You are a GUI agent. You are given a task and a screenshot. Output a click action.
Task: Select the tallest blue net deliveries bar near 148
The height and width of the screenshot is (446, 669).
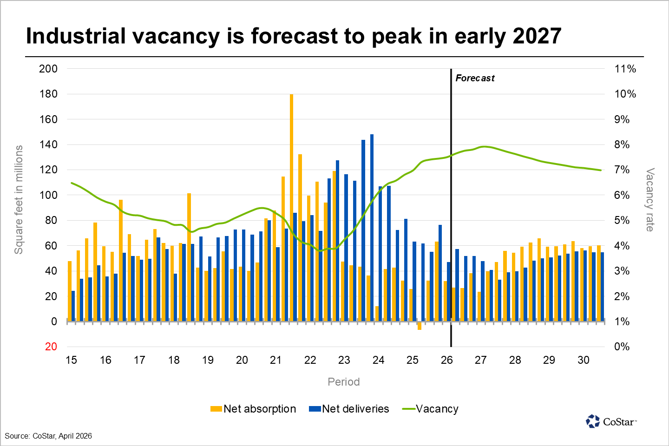[372, 228]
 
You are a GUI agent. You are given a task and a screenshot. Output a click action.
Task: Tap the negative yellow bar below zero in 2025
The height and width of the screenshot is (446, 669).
[419, 326]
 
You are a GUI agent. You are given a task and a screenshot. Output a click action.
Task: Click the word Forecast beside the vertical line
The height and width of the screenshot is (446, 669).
[475, 79]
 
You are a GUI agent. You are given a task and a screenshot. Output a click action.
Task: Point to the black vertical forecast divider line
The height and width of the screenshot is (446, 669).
[451, 209]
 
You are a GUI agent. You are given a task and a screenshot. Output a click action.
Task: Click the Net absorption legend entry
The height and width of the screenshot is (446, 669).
[253, 409]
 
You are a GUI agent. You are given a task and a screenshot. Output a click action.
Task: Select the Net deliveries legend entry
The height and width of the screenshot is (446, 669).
[349, 409]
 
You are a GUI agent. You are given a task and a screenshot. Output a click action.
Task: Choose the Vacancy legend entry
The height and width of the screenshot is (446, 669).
[431, 409]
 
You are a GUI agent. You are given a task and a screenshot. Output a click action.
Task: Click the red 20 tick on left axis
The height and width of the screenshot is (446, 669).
[51, 347]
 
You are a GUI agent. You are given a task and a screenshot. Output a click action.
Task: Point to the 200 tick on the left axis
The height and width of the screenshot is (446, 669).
[48, 69]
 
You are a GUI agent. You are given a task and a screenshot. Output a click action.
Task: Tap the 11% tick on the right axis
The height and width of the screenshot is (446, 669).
[625, 69]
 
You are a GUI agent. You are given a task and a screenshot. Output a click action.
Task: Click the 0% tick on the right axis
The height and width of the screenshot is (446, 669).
[622, 347]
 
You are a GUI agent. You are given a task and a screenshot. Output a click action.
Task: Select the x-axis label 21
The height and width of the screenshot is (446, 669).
[276, 360]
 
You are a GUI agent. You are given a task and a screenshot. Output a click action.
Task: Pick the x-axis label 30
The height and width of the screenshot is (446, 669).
[583, 360]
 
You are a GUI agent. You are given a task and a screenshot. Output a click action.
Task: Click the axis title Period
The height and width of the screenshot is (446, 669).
[343, 382]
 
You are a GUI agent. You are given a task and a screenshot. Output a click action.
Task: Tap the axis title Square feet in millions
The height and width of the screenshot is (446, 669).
[19, 200]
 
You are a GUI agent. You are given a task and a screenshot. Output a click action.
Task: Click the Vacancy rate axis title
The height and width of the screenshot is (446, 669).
[649, 200]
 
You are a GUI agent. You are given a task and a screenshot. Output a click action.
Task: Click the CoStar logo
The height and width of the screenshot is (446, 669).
[611, 421]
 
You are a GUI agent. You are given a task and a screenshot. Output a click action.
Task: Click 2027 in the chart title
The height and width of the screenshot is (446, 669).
[537, 36]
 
